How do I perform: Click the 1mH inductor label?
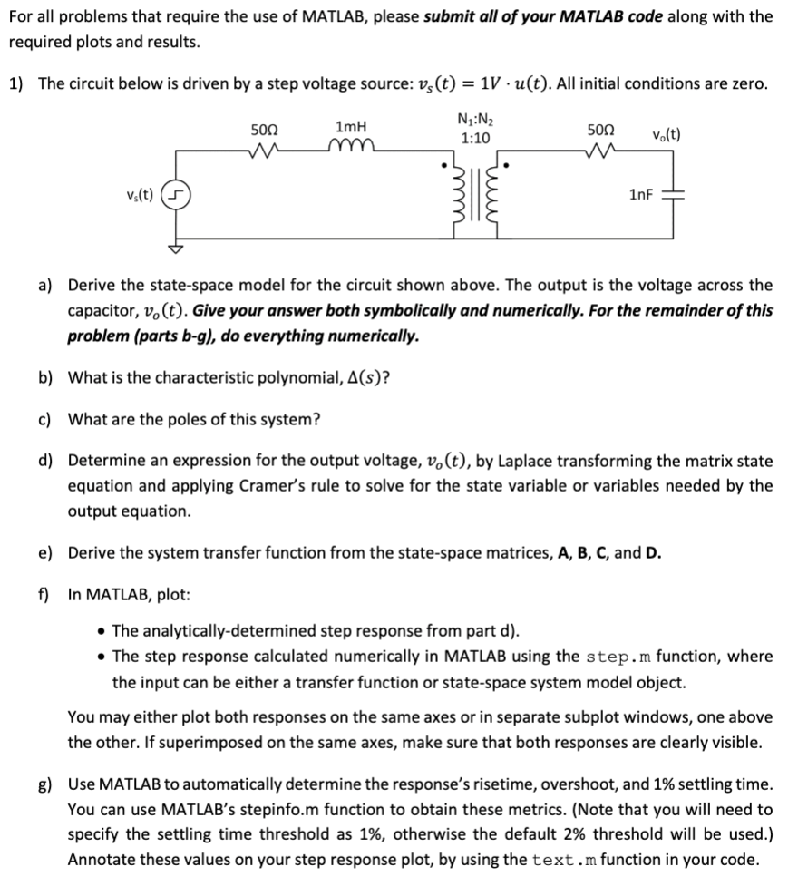tap(350, 127)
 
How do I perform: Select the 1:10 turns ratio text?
tap(475, 139)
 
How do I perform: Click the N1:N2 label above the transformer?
tap(475, 122)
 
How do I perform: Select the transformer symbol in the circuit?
tap(476, 197)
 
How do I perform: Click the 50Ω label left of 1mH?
tap(266, 129)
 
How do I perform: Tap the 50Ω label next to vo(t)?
tap(600, 129)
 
